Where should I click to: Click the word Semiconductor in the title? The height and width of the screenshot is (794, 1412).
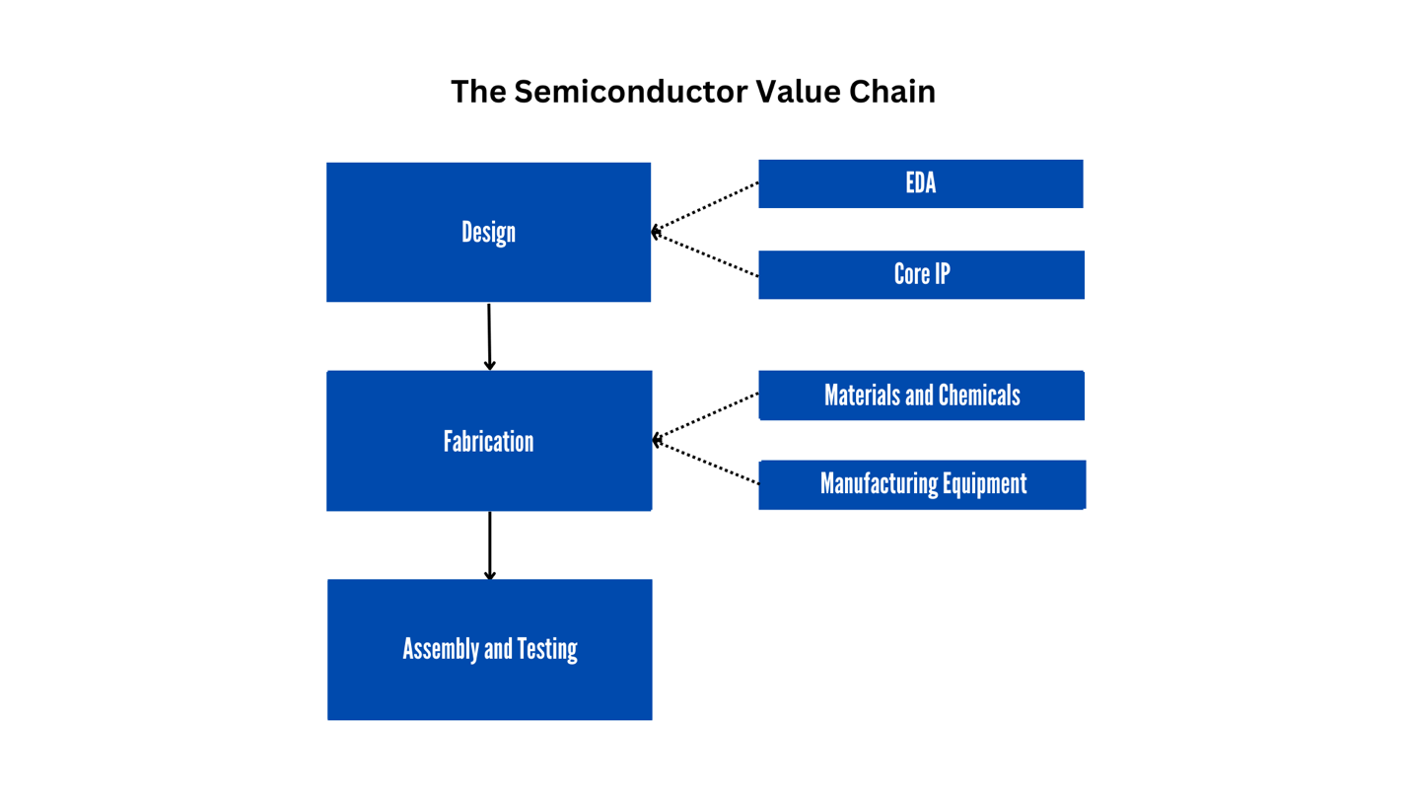[x=630, y=92]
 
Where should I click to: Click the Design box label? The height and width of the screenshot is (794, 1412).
[x=488, y=233]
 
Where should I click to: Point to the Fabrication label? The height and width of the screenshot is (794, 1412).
[x=488, y=441]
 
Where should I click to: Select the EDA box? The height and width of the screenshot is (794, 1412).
[x=920, y=183]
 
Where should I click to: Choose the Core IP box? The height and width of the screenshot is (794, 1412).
[x=921, y=274]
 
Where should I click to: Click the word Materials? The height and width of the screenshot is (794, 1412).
[x=863, y=396]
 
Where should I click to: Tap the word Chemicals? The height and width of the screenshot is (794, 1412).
[x=979, y=396]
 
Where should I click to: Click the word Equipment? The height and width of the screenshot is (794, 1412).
[x=981, y=484]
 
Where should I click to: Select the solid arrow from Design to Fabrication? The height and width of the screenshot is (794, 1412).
[x=489, y=335]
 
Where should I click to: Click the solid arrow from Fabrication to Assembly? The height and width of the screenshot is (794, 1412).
[x=489, y=544]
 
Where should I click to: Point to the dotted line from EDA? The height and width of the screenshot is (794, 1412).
[x=705, y=207]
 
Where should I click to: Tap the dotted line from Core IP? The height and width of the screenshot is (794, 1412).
[x=705, y=254]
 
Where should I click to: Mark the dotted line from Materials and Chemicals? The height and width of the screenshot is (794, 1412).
[x=705, y=416]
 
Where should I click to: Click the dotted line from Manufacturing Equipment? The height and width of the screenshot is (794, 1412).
[x=705, y=463]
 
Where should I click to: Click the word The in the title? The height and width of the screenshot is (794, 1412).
[x=477, y=92]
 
